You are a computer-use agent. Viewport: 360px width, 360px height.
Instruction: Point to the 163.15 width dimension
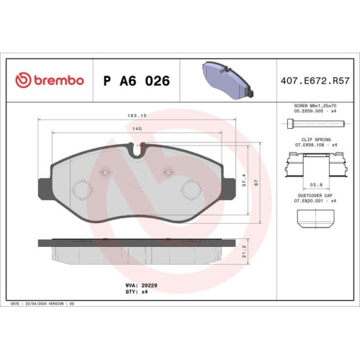[137, 115]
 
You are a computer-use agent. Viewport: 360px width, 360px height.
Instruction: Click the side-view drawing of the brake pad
[137, 252]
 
